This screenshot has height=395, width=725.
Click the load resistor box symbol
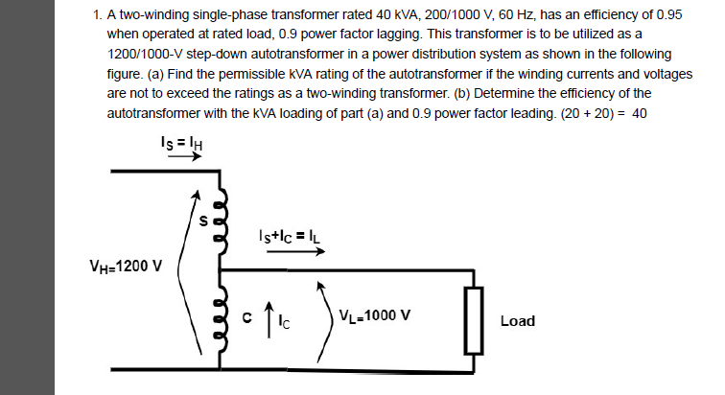coord(471,320)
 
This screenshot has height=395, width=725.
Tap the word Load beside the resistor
coord(518,320)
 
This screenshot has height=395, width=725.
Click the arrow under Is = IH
coord(182,158)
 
